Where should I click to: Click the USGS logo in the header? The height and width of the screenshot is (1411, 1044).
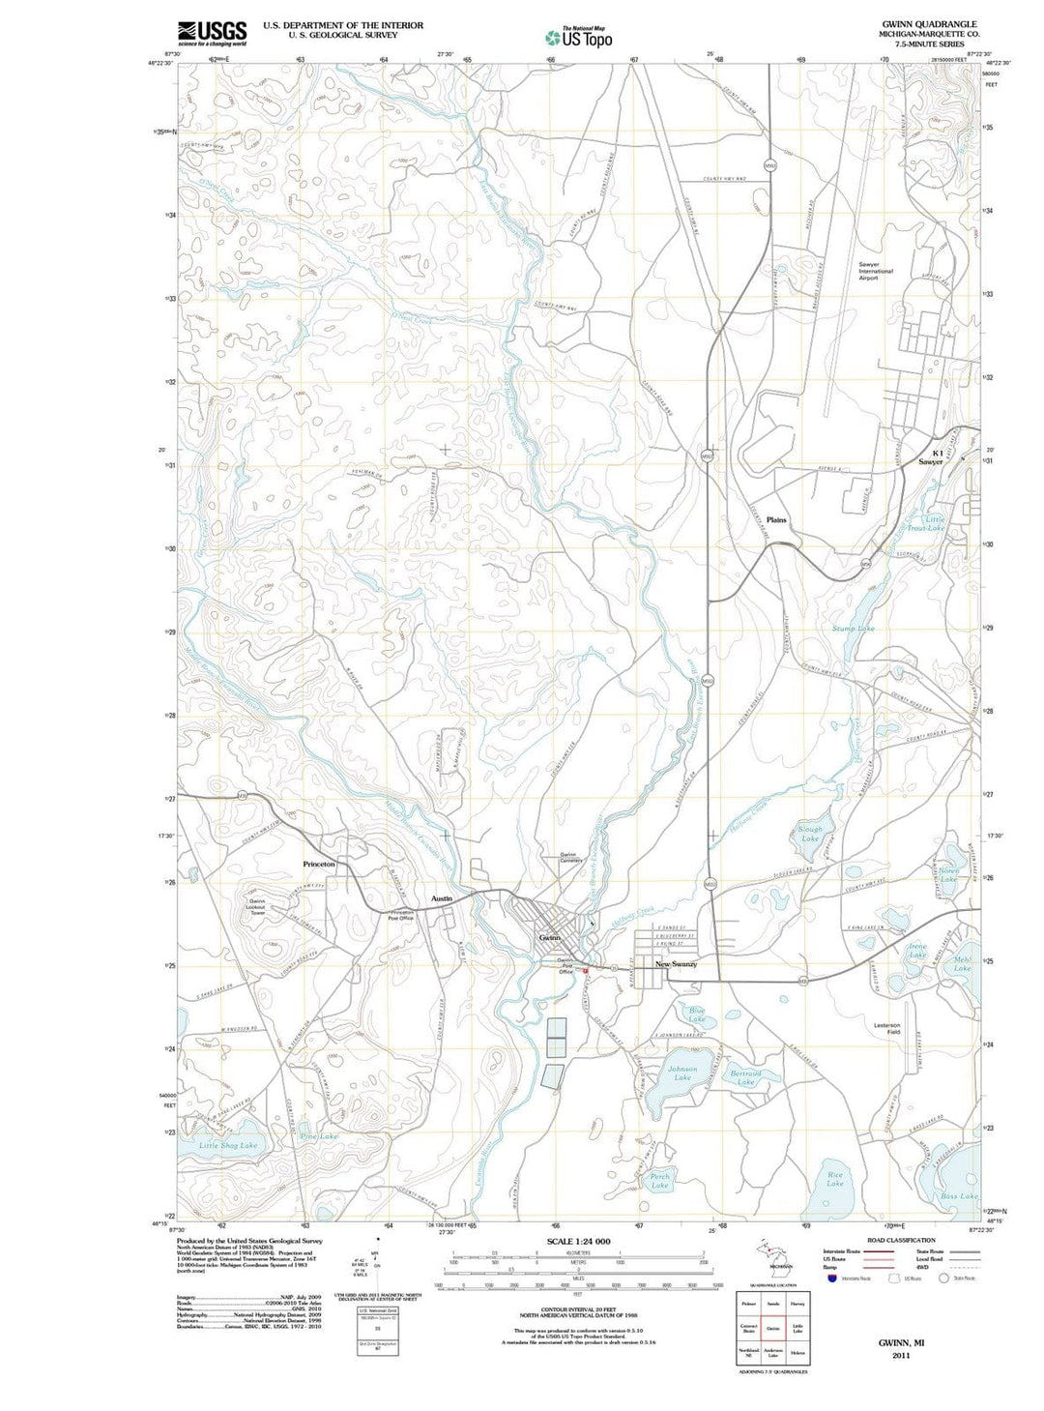(212, 33)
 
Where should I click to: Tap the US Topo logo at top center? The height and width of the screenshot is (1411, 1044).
(579, 37)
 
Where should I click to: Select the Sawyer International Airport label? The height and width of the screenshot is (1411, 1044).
(876, 271)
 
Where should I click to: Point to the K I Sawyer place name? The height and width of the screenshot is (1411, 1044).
(930, 457)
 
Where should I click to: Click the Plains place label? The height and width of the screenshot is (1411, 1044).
(775, 520)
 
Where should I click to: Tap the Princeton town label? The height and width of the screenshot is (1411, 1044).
(319, 864)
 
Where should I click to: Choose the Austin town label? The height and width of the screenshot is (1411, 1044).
(441, 898)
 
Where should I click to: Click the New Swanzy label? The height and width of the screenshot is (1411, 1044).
(676, 964)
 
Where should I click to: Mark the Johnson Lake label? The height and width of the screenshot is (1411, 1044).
(682, 1073)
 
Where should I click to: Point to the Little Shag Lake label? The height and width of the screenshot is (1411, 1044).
(228, 1145)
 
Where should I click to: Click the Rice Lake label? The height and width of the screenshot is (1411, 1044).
(835, 1179)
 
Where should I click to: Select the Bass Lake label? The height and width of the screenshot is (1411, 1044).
(959, 1196)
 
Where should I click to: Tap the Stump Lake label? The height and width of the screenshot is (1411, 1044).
(853, 629)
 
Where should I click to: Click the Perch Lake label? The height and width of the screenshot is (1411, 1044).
(660, 1181)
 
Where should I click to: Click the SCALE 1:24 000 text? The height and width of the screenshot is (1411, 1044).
(578, 1241)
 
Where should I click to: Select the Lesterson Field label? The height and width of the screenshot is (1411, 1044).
(886, 1029)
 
